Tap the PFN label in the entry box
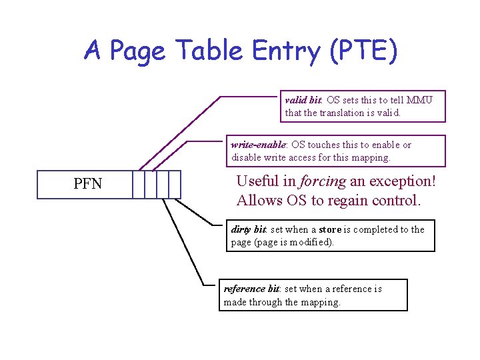87,184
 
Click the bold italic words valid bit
303,100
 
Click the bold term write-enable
259,145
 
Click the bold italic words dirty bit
249,229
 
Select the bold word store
330,229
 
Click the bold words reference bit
251,289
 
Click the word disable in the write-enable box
247,157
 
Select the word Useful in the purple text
258,181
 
